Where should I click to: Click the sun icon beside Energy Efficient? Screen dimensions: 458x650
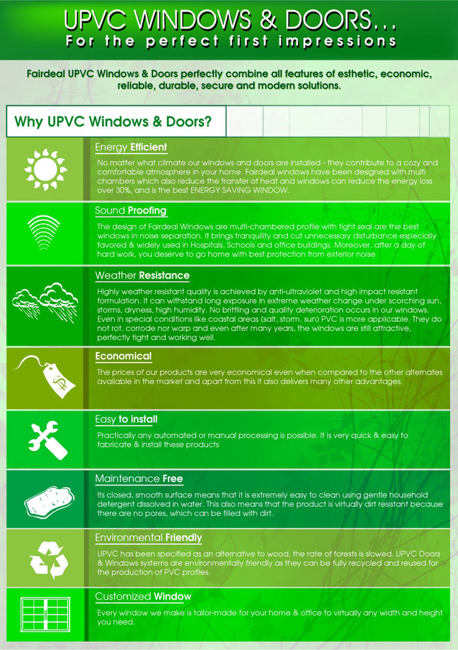46,170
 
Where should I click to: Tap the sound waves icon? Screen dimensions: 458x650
44,232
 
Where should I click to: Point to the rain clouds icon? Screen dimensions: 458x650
45,302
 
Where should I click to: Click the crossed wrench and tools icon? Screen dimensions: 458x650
48,440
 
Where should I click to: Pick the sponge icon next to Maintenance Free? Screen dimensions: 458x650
49,502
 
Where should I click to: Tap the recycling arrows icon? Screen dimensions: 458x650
49,560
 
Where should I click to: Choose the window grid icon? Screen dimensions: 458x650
45,615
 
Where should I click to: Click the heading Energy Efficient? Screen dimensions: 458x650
131,148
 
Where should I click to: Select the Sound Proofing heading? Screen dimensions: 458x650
131,211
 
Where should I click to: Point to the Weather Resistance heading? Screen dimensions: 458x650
142,275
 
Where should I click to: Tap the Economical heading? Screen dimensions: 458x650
124,356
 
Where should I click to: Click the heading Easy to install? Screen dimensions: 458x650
126,419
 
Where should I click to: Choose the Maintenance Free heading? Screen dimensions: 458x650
139,479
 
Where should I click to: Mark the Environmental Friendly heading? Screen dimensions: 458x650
148,538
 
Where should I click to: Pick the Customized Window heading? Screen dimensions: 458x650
143,597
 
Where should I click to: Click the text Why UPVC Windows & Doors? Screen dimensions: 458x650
113,121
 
